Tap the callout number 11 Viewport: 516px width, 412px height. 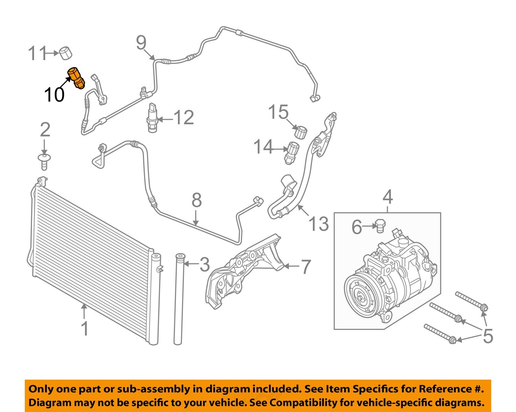click(37, 53)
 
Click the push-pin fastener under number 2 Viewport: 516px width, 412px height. click(44, 161)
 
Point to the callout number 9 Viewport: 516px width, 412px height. click(141, 43)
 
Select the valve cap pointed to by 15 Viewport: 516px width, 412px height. click(301, 132)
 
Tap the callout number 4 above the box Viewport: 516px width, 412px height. click(388, 197)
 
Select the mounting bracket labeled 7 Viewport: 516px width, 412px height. click(244, 272)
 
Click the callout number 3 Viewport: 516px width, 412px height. click(204, 264)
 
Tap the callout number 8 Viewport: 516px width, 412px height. click(196, 200)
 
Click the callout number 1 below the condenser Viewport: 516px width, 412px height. click(85, 328)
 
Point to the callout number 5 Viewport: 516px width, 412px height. click(488, 336)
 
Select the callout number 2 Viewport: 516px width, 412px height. click(45, 130)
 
